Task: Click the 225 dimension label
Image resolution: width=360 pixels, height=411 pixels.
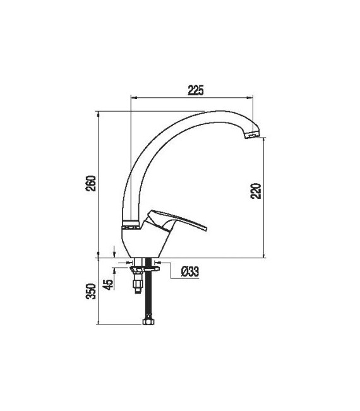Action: (x=195, y=91)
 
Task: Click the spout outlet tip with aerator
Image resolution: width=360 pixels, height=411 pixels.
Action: (x=252, y=133)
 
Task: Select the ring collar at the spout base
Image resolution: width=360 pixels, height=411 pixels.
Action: (x=130, y=223)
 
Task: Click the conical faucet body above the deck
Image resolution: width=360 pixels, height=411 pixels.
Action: (x=142, y=243)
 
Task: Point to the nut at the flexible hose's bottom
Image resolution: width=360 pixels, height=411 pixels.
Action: (x=149, y=322)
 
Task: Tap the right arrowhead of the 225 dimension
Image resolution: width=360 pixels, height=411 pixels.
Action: (x=251, y=97)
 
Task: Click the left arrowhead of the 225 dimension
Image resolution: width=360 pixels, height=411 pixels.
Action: (x=133, y=97)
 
